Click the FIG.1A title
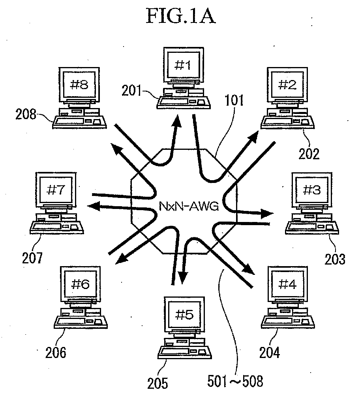[181, 15]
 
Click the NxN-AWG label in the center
[189, 206]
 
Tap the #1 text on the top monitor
[183, 65]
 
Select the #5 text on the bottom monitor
[184, 315]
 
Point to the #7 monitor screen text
[56, 190]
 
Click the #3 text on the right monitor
[312, 190]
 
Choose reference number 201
[131, 91]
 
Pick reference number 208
[26, 114]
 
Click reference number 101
[234, 100]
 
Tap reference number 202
[309, 154]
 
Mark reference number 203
[335, 259]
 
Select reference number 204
[270, 353]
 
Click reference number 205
[158, 383]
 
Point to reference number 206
[56, 353]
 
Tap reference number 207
[32, 258]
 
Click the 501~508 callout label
[235, 381]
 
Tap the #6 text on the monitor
[81, 284]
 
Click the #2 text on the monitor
[287, 84]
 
